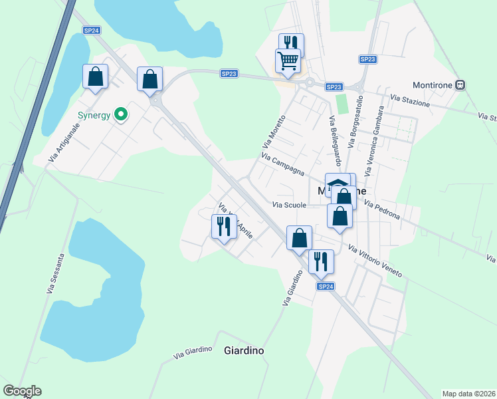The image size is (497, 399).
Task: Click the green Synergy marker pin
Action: pos(120,115)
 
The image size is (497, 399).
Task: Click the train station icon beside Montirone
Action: pos(460,85)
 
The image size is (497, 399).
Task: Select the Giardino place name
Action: pos(244,350)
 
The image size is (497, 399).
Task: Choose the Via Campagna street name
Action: pos(283,164)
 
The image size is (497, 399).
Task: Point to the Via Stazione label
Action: pos(410,101)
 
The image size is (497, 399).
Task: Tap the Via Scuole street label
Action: pos(289,205)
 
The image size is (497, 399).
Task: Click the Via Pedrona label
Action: pos(381,210)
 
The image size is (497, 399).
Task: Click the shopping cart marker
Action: pos(288,61)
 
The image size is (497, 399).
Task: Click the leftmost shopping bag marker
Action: pos(95,76)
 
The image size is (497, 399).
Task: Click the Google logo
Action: pos(22,391)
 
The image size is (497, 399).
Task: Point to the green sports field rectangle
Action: pos(342,104)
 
